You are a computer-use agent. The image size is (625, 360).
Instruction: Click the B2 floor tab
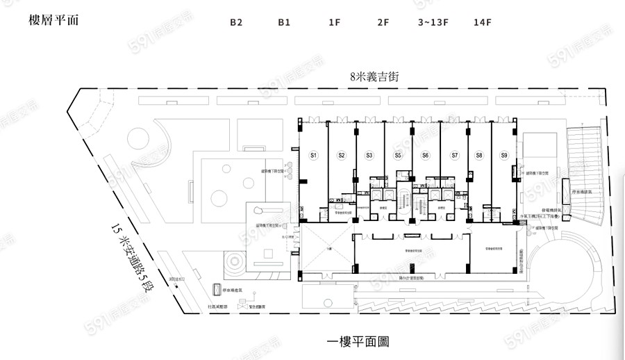point(236,22)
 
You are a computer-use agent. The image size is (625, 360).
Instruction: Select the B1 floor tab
point(284,22)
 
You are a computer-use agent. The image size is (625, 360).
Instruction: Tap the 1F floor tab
point(334,22)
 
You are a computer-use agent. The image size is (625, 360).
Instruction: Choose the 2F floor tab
point(383,22)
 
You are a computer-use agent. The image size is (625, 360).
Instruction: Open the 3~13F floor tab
point(433,22)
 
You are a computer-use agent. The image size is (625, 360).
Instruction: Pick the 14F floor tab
point(483,22)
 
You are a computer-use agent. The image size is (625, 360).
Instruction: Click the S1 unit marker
point(313,155)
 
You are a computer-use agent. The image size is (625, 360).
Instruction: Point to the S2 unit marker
point(341,155)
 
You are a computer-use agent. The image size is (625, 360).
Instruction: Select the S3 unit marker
point(369,155)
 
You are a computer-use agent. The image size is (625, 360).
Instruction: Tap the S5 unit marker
point(398,155)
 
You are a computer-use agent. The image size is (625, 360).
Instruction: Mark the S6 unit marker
point(426,155)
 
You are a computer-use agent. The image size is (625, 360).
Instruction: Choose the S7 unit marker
point(455,155)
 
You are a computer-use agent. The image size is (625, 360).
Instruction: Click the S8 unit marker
point(479,155)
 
